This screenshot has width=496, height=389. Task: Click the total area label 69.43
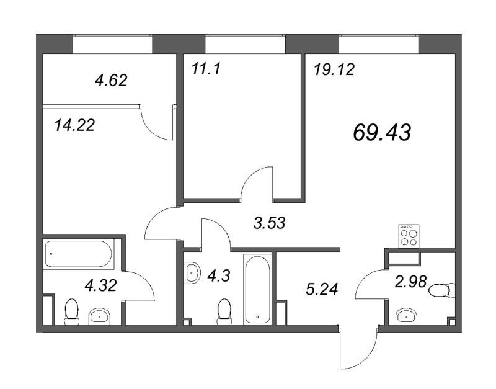[382, 132]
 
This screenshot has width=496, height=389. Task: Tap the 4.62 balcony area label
[111, 81]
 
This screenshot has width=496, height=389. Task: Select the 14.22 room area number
[74, 125]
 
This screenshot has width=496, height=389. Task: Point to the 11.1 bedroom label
[206, 69]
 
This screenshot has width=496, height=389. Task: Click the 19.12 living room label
[334, 69]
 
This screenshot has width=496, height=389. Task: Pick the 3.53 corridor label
[270, 223]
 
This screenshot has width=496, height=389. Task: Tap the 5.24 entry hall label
[322, 289]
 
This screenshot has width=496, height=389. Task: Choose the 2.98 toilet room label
[411, 282]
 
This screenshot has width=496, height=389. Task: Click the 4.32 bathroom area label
[101, 285]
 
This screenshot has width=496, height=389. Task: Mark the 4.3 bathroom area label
[219, 275]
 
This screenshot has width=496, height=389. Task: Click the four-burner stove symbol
[409, 236]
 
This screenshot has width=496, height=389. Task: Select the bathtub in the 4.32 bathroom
[79, 254]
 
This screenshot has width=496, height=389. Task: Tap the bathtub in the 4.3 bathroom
[257, 289]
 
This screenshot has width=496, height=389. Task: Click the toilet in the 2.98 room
[442, 290]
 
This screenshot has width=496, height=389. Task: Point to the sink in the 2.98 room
[407, 316]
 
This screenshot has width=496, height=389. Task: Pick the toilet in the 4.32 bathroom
[71, 312]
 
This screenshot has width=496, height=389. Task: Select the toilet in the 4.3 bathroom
[224, 312]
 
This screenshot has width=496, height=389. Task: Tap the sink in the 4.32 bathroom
[99, 316]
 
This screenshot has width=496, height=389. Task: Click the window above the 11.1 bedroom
[246, 44]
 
